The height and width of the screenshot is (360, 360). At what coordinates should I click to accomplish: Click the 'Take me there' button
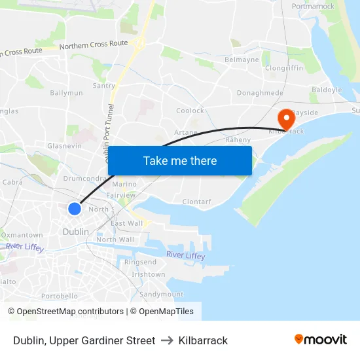click(180, 160)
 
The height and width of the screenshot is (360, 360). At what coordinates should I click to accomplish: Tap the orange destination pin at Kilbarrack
click(286, 118)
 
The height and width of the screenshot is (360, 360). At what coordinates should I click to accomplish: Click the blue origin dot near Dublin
click(75, 208)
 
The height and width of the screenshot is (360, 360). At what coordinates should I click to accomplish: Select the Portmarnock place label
click(313, 7)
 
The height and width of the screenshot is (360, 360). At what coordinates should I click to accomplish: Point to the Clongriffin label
click(284, 67)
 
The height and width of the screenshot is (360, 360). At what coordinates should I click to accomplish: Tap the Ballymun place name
click(67, 93)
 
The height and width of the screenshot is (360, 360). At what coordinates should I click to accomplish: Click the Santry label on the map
click(104, 86)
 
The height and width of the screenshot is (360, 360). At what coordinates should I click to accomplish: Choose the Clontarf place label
click(196, 202)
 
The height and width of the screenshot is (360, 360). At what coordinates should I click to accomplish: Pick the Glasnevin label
click(64, 146)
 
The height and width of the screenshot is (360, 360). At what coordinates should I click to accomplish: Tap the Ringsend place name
click(141, 262)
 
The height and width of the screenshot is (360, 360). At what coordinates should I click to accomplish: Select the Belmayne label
click(242, 60)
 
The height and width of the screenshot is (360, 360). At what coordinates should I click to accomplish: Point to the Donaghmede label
click(260, 94)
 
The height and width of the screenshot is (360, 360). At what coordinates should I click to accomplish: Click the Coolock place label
click(190, 111)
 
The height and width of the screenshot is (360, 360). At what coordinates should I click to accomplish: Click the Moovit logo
click(320, 339)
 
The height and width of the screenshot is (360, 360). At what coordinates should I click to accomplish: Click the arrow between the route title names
click(167, 340)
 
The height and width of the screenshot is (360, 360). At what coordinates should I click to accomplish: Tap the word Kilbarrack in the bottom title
click(203, 340)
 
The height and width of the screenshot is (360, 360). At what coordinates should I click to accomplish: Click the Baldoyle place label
click(327, 90)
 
